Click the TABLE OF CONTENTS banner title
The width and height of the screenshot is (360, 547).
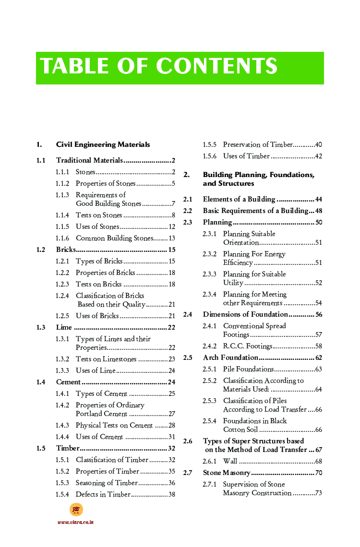click(159, 67)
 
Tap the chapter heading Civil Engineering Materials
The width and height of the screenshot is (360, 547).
click(103, 144)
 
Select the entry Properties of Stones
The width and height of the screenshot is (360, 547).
click(106, 183)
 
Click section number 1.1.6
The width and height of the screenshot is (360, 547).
click(62, 238)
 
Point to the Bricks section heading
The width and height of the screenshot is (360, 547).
click(66, 250)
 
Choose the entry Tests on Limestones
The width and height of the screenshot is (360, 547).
click(106, 359)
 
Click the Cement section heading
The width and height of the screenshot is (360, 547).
click(68, 382)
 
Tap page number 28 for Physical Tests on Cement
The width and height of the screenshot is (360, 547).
click(171, 425)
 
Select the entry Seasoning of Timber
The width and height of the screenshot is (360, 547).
click(107, 483)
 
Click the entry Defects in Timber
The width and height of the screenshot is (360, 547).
click(103, 494)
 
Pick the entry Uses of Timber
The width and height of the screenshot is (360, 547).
click(246, 156)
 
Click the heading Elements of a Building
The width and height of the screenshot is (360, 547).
click(239, 199)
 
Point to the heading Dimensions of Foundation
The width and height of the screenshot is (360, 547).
click(245, 314)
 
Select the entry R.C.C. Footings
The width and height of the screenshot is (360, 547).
click(248, 346)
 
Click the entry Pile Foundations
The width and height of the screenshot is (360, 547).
click(248, 369)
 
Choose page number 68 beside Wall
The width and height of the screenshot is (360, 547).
click(318, 461)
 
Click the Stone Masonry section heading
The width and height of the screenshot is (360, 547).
click(227, 473)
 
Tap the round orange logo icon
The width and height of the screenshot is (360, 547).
click(76, 510)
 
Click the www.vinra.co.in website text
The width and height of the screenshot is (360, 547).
click(75, 522)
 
